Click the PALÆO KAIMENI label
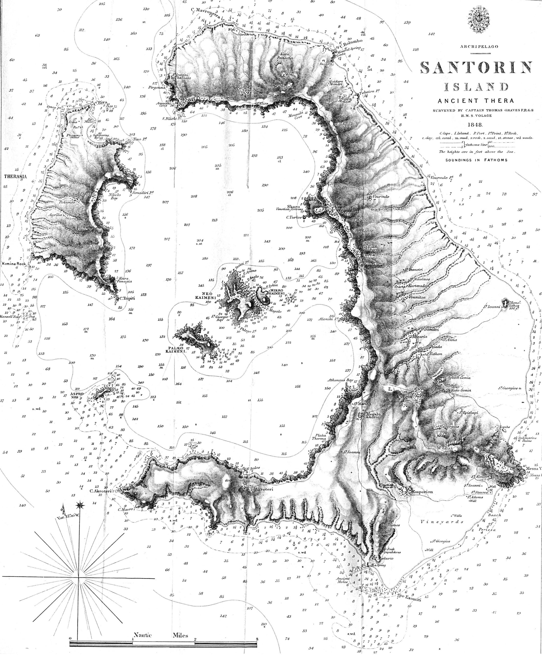click(x=176, y=349)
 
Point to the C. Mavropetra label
click(x=207, y=10)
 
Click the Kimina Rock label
click(x=14, y=264)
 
